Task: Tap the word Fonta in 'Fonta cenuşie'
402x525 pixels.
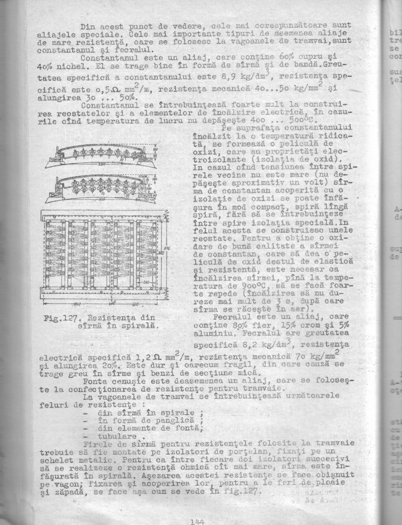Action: click(95, 382)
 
